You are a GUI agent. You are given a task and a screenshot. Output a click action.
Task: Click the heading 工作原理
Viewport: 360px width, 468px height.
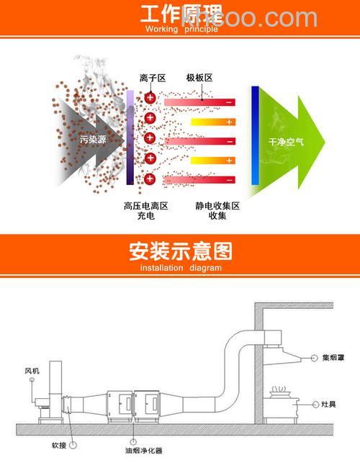[x=179, y=14]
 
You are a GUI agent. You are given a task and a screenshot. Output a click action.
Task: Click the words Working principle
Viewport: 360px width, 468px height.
[x=181, y=30]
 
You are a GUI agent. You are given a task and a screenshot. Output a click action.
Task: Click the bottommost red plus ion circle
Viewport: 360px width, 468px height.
[x=150, y=178]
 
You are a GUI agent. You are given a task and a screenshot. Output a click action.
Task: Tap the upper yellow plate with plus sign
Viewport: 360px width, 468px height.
[x=212, y=122]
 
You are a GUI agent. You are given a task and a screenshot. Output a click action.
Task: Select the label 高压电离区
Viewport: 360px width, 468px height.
[x=145, y=206]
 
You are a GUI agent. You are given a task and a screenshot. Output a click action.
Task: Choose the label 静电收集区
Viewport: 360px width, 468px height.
[x=217, y=206]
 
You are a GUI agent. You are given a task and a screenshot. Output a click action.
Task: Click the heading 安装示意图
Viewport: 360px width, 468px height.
[x=180, y=252]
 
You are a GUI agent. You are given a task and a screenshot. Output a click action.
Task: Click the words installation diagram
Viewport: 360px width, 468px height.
[x=181, y=268]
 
